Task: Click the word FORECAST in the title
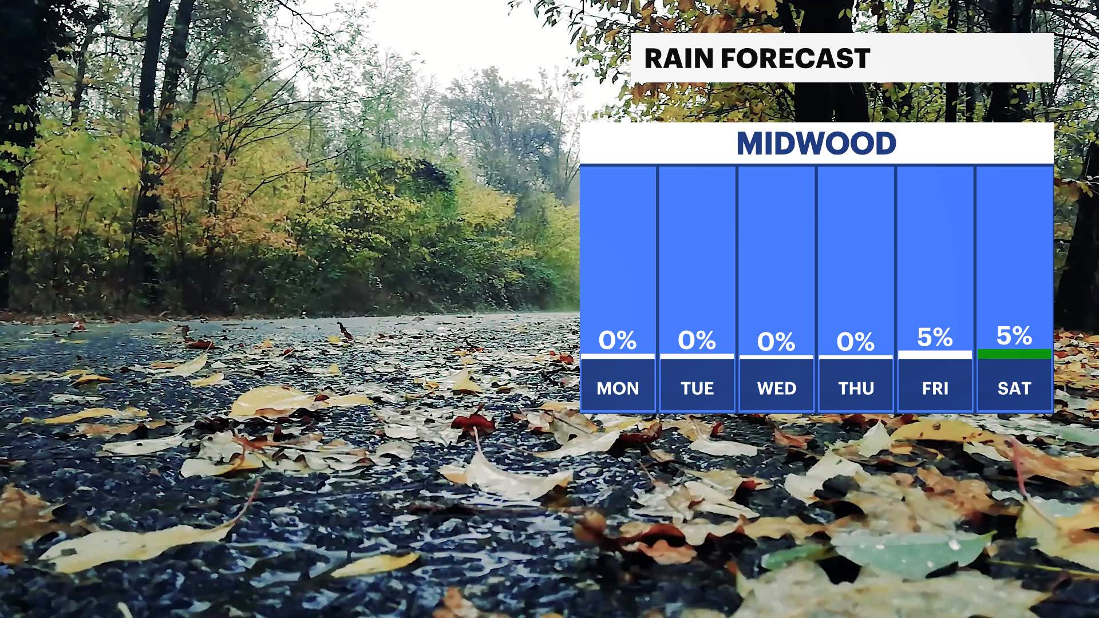tap(796, 58)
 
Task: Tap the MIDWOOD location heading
tap(816, 143)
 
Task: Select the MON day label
tap(618, 389)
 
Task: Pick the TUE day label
tap(697, 389)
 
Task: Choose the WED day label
tap(777, 389)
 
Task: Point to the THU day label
tap(856, 389)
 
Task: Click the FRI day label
tap(935, 389)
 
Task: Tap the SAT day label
tap(1014, 389)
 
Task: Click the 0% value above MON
tap(618, 340)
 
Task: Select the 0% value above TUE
tap(697, 340)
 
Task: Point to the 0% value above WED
tap(776, 342)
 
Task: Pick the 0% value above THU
tap(856, 342)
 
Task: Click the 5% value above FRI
tap(935, 338)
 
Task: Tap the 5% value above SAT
tap(1014, 336)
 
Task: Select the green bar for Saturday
tap(1014, 354)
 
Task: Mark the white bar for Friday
tap(935, 355)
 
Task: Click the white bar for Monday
tap(618, 356)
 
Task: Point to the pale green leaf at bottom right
tap(910, 552)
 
